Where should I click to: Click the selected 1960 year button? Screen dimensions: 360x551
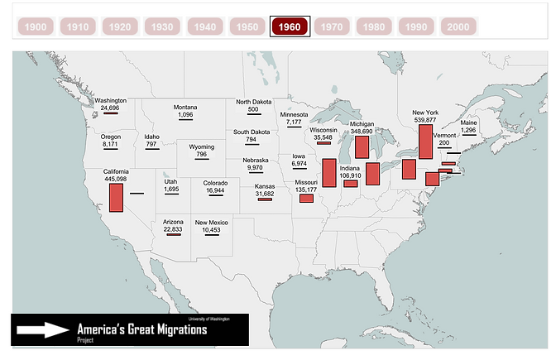point(290,26)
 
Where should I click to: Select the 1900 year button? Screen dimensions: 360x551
point(36,26)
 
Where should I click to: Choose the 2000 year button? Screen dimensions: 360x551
point(458,26)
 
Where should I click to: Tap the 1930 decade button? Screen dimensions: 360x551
point(162,26)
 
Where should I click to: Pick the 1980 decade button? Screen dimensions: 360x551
point(374,26)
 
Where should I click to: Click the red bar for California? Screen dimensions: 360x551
point(116,197)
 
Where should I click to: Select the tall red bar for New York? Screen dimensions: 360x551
point(426,142)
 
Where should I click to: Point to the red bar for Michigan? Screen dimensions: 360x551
point(362,146)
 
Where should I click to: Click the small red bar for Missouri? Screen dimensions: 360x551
point(306,199)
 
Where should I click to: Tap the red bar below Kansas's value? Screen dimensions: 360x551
point(265,199)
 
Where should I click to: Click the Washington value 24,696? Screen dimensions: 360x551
point(110,108)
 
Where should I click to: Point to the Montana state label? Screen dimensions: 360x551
point(185,108)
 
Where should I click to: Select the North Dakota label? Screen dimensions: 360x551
point(253,102)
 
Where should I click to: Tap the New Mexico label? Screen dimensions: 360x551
point(211,223)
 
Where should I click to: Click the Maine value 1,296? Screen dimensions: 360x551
point(468,130)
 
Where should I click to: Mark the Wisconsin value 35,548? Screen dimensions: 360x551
point(323,137)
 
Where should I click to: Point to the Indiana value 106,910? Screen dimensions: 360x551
point(350,175)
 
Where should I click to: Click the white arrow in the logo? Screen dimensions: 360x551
point(44,330)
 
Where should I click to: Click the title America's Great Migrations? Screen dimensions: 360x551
point(141,329)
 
